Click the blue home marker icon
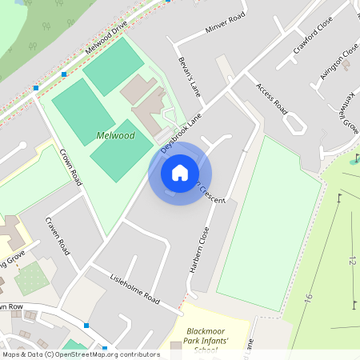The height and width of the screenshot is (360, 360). click(180, 173)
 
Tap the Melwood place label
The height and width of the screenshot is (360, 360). click(115, 136)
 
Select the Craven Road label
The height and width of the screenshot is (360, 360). click(58, 236)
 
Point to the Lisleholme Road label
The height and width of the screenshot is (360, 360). click(135, 290)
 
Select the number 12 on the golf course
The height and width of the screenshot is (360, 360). click(351, 260)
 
